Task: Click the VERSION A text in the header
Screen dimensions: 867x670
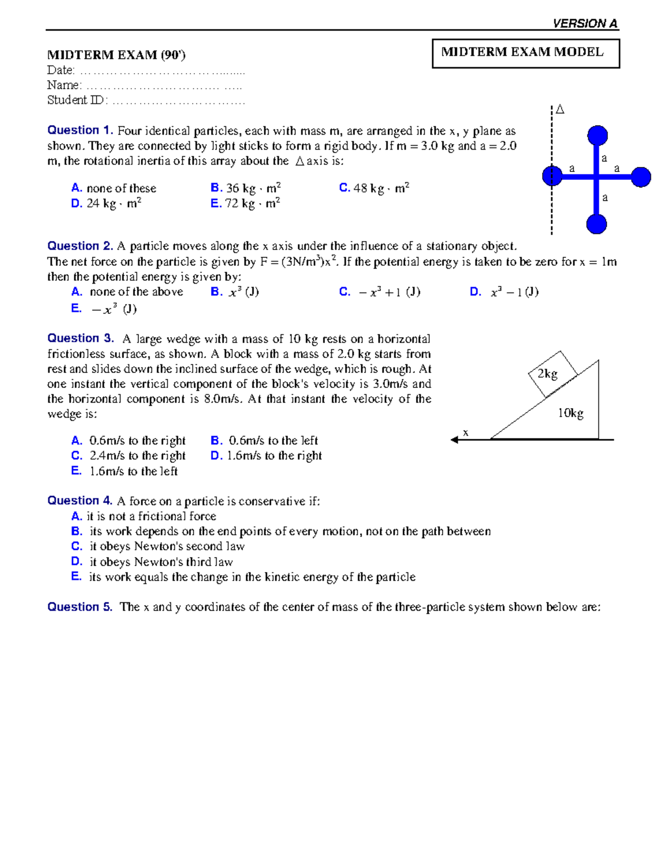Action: pyautogui.click(x=585, y=23)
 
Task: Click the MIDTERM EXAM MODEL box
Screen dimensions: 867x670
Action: pyautogui.click(x=525, y=53)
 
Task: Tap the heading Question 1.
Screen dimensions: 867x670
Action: pyautogui.click(x=80, y=131)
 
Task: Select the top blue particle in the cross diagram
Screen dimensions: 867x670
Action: pyautogui.click(x=597, y=135)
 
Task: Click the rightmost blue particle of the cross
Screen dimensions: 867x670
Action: pyautogui.click(x=641, y=177)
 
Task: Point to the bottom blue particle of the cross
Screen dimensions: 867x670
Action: pyautogui.click(x=596, y=224)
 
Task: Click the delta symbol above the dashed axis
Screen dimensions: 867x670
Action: pyautogui.click(x=560, y=110)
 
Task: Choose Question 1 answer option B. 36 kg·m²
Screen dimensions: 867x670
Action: pyautogui.click(x=246, y=189)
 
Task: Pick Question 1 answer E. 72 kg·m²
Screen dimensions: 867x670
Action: pyautogui.click(x=245, y=204)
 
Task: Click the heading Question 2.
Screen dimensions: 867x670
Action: pyautogui.click(x=80, y=246)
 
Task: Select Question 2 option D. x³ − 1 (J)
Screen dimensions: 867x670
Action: pyautogui.click(x=504, y=292)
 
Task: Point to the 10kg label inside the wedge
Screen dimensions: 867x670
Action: pyautogui.click(x=571, y=413)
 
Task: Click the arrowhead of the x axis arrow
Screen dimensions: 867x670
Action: pyautogui.click(x=454, y=440)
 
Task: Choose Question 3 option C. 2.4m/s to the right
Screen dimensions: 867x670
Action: pyautogui.click(x=129, y=456)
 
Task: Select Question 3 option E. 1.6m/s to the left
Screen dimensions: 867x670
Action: pyautogui.click(x=125, y=472)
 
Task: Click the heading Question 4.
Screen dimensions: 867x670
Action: pyautogui.click(x=80, y=501)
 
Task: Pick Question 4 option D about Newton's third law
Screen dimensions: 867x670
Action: pyautogui.click(x=152, y=562)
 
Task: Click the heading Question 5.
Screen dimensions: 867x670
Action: pyautogui.click(x=80, y=607)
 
